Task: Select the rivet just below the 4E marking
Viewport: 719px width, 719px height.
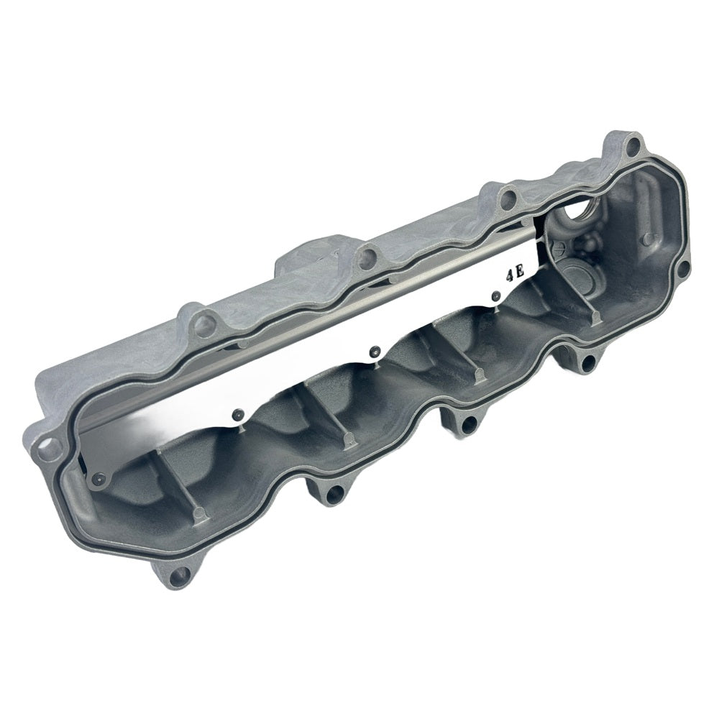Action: click(x=495, y=296)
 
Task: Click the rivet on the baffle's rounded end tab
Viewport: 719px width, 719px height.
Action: click(x=99, y=479)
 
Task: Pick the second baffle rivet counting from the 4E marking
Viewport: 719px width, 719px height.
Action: click(x=373, y=352)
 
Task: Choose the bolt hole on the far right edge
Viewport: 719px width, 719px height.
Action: click(x=682, y=269)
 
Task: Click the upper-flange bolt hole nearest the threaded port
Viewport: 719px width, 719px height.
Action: click(x=508, y=198)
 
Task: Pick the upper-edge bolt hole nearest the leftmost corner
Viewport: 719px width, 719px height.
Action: click(x=203, y=326)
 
